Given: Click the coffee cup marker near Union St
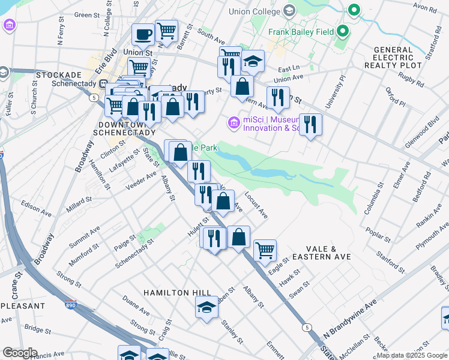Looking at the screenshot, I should point(144,35).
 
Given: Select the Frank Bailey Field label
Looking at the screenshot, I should point(301,31).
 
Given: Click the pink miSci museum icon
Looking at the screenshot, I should point(234,124).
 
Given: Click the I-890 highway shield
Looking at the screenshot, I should point(71,305).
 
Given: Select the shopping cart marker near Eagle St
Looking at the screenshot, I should point(265,250).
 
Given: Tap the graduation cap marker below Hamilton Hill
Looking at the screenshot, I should point(206,308).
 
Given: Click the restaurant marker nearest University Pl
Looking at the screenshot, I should point(310,124).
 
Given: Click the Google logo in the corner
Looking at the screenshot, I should point(20,353).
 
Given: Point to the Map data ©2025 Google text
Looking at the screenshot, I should point(411,355).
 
